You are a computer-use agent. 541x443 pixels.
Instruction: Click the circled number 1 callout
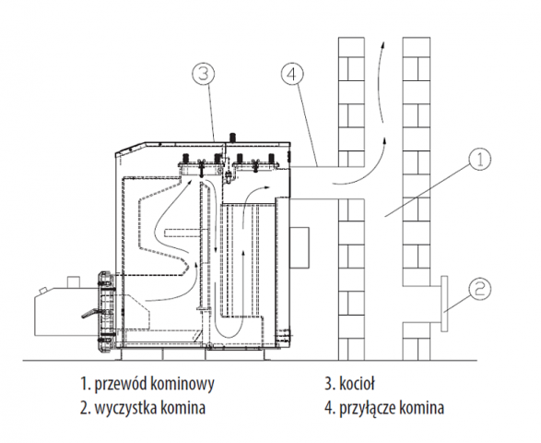point(480,160)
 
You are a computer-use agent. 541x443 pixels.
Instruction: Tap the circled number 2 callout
point(480,289)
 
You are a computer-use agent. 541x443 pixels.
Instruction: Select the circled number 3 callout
point(204,74)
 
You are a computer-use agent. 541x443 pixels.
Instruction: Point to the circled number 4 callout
point(292,74)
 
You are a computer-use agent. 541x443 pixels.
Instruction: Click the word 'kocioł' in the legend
point(357,384)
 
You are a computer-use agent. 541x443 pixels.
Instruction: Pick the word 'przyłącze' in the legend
point(367,409)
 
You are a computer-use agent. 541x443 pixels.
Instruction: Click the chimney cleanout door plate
point(444,304)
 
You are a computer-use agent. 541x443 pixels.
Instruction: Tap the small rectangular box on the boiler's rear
point(300,247)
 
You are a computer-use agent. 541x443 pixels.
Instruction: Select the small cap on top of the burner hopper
point(73,281)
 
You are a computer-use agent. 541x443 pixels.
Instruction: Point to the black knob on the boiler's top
point(233,137)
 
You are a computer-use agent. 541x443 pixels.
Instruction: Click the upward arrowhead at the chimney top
point(382,45)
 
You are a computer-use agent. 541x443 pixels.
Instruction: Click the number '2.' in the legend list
point(85,408)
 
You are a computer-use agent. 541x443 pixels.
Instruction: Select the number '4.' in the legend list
point(330,408)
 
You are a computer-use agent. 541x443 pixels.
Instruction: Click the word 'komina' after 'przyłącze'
point(421,408)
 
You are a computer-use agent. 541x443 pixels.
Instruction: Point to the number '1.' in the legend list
point(85,384)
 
